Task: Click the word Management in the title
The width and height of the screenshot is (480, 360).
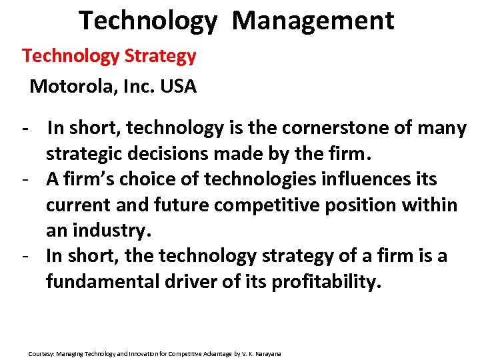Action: pos(313,21)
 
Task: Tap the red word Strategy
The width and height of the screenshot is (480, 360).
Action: pos(161,56)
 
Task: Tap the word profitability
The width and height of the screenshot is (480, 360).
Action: pos(326,281)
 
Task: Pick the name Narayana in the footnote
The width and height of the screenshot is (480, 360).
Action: pos(269,353)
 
